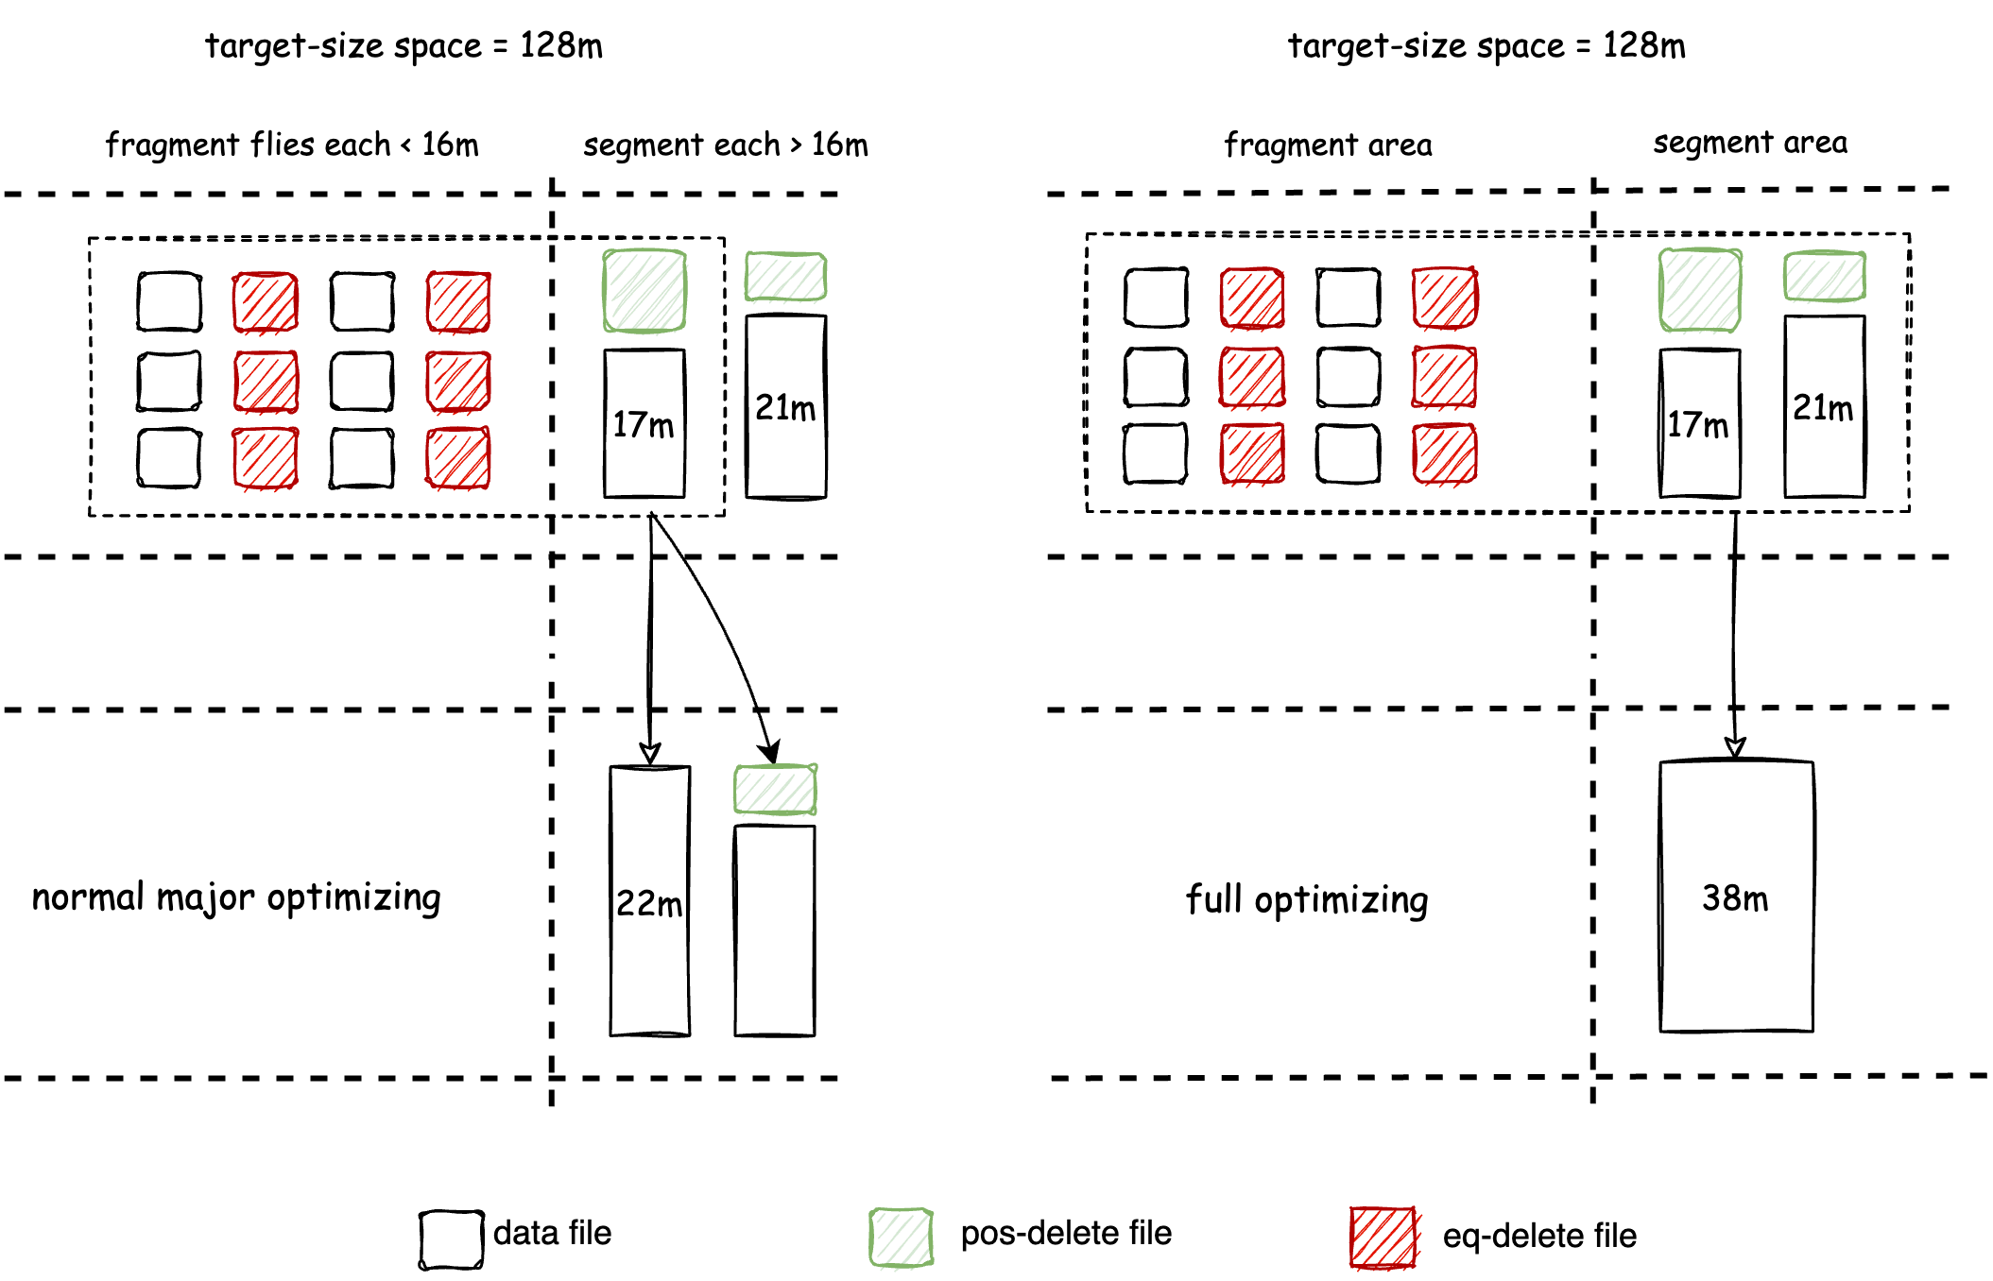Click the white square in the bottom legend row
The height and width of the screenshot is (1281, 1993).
click(x=451, y=1239)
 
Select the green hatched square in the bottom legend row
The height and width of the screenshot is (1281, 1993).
click(x=902, y=1238)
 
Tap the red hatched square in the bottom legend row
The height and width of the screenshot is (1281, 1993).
click(x=1383, y=1238)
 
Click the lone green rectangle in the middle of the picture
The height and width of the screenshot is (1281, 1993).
click(x=776, y=790)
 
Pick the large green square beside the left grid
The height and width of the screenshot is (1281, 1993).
click(x=644, y=291)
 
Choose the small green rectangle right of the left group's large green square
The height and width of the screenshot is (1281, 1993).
click(x=785, y=277)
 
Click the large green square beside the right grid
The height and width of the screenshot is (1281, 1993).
click(x=1700, y=290)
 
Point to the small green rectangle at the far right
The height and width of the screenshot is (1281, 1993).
click(x=1825, y=276)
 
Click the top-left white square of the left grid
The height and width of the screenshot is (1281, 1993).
click(x=170, y=302)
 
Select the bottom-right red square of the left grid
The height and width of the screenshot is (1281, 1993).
click(x=458, y=458)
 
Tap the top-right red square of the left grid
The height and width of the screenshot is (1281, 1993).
click(x=458, y=302)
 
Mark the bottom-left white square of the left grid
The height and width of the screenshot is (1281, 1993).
click(x=169, y=457)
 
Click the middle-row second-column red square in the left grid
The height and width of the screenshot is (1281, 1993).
click(x=266, y=382)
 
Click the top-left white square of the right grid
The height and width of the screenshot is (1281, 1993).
click(x=1155, y=298)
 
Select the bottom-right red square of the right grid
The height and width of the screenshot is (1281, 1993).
click(x=1445, y=453)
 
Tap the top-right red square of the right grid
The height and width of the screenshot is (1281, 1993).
click(x=1445, y=298)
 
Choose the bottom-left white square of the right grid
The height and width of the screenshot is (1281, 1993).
click(x=1156, y=453)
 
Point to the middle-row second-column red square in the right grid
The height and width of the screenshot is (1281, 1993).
click(x=1252, y=377)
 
